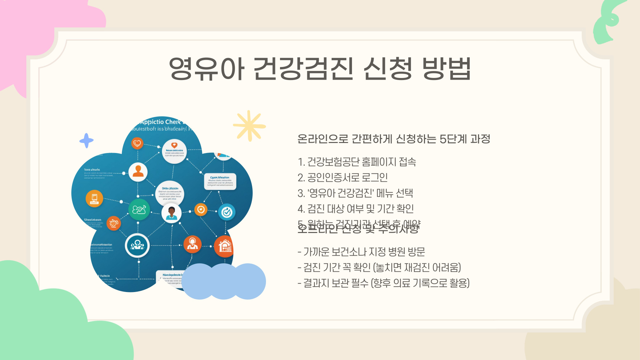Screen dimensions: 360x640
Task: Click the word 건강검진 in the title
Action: point(303,69)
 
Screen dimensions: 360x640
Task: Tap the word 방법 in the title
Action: point(446,69)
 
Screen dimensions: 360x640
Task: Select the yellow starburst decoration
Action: point(249,126)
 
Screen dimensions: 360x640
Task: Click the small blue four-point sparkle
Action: point(86,141)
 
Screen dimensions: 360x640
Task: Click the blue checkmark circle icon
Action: point(227,212)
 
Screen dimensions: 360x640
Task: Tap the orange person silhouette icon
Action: point(138,172)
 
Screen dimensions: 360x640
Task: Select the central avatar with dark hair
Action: point(171,213)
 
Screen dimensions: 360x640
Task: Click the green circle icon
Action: point(139,210)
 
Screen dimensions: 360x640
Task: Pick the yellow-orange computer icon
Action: point(94,198)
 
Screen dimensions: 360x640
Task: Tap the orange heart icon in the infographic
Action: point(137,143)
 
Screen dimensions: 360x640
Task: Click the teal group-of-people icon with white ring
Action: point(137,246)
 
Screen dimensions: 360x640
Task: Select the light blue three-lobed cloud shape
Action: point(224,281)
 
